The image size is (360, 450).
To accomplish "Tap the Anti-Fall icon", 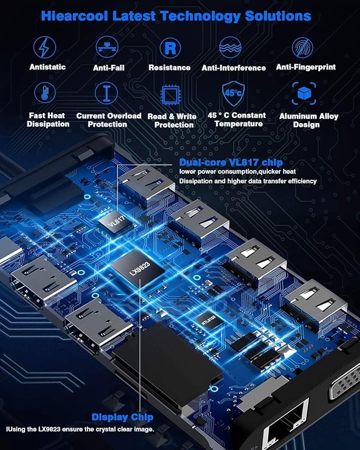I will tap(107, 48).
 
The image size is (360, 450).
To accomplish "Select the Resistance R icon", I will tap(170, 48).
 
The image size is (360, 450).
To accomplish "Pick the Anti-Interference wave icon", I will tap(233, 48).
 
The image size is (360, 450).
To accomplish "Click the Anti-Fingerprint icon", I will tap(302, 48).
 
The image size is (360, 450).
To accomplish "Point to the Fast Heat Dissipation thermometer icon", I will tap(45, 93).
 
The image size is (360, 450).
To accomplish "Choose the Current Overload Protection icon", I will tap(106, 93).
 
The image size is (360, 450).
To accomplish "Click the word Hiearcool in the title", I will tap(74, 16).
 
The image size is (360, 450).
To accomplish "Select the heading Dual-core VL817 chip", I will tap(231, 162).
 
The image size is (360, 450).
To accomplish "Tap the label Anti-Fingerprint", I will tap(306, 67).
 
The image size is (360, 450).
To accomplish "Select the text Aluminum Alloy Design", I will tap(309, 120).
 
